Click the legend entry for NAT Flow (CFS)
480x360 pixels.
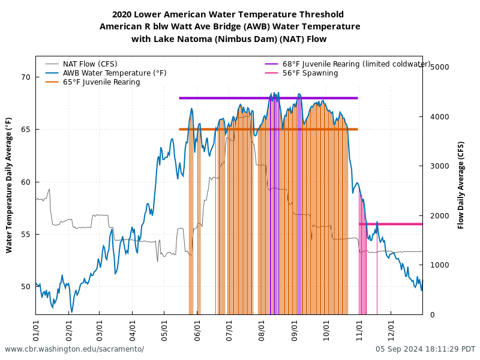[x=90, y=64]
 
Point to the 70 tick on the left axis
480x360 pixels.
[x=26, y=77]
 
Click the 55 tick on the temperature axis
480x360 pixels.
[x=26, y=235]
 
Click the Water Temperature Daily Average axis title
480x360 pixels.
[x=9, y=185]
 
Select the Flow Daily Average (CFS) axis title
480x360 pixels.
[x=461, y=185]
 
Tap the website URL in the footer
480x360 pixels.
[x=74, y=349]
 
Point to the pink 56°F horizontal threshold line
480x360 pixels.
[x=396, y=224]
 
